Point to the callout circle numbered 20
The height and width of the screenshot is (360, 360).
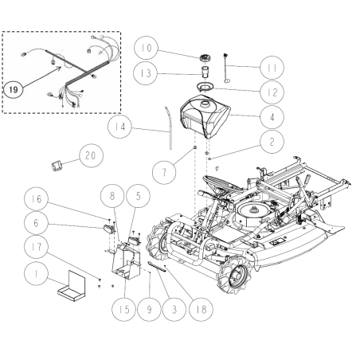[89, 155]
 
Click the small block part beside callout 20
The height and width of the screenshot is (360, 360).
[55, 165]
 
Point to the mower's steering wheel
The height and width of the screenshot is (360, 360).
[213, 183]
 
